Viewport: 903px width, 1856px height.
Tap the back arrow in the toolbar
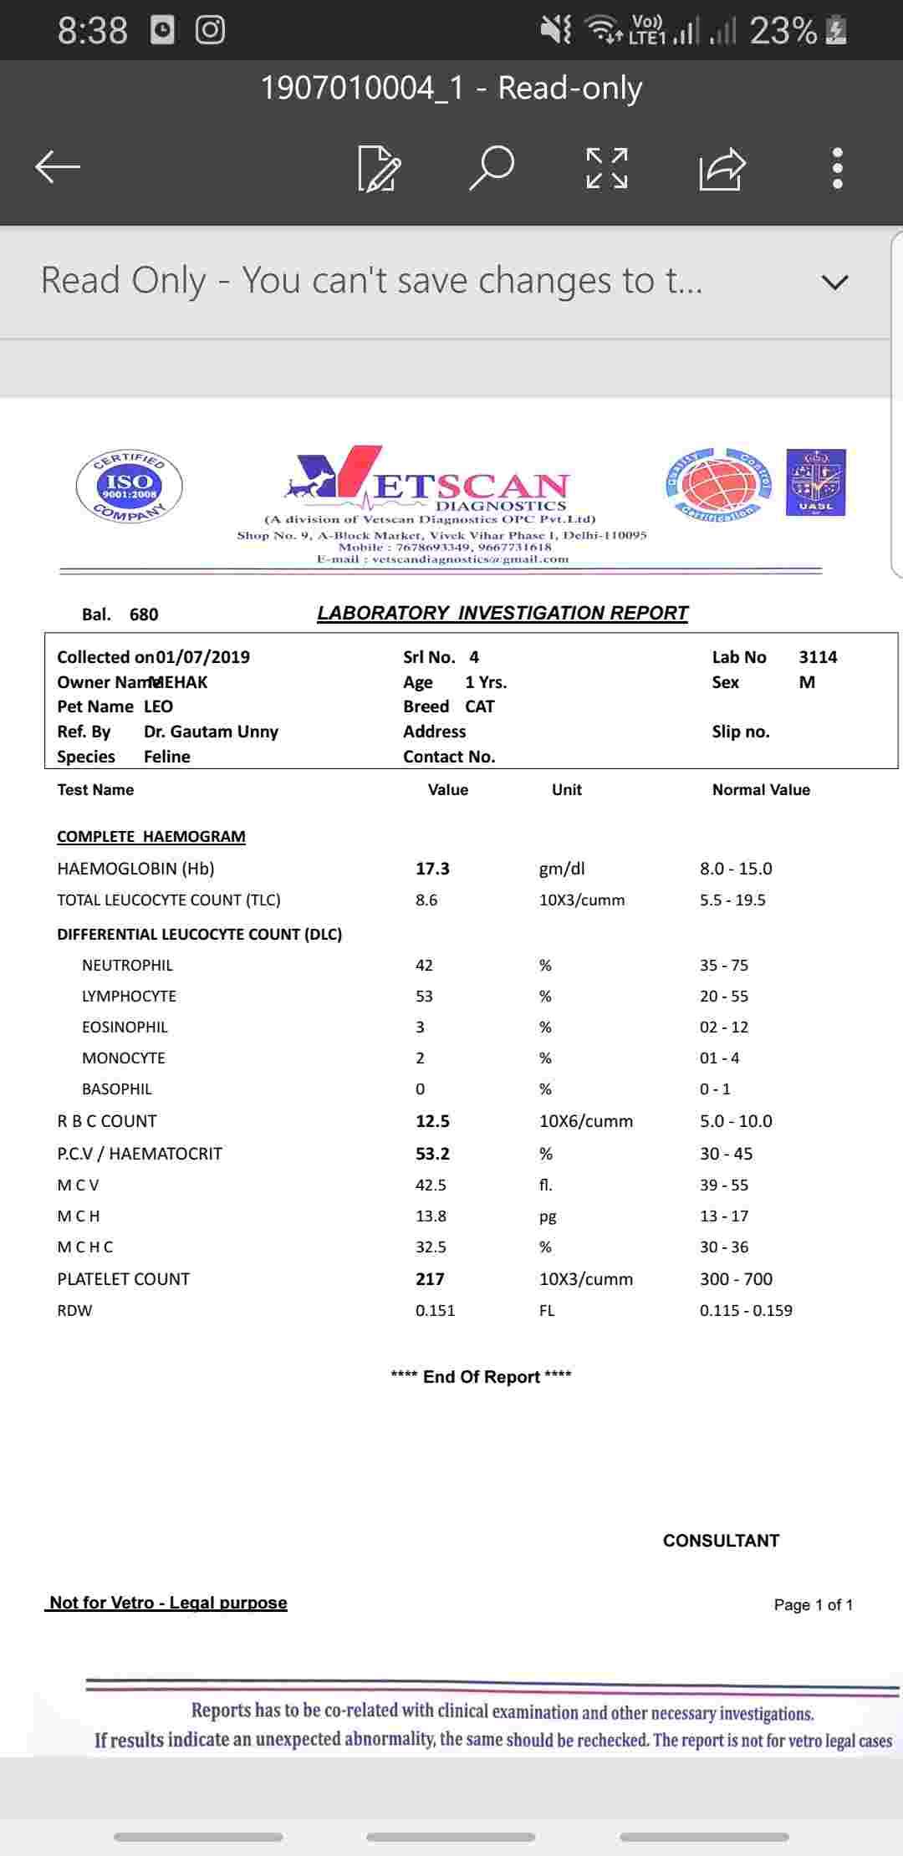58,167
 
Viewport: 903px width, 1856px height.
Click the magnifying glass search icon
492,167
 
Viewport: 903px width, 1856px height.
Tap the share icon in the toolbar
722,168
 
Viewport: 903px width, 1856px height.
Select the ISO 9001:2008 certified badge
129,486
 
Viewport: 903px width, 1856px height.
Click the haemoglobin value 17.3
432,869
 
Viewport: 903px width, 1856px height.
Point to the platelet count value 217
430,1279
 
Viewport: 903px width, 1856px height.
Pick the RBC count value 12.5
432,1121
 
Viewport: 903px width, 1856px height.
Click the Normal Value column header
761,790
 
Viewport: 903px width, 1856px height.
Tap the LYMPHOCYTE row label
129,997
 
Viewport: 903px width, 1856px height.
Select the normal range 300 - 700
736,1279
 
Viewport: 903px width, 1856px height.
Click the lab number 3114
818,657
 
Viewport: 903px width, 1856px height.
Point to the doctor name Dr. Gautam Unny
211,732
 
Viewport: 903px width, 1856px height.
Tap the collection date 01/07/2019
203,657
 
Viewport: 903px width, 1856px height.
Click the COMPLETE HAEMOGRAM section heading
151,837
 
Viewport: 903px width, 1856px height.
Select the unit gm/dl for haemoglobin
562,869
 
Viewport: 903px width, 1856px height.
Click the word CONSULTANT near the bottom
721,1541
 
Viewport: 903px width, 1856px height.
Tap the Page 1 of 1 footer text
813,1604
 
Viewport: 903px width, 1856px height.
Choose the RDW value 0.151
436,1311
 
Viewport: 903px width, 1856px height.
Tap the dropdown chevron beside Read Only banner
834,282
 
